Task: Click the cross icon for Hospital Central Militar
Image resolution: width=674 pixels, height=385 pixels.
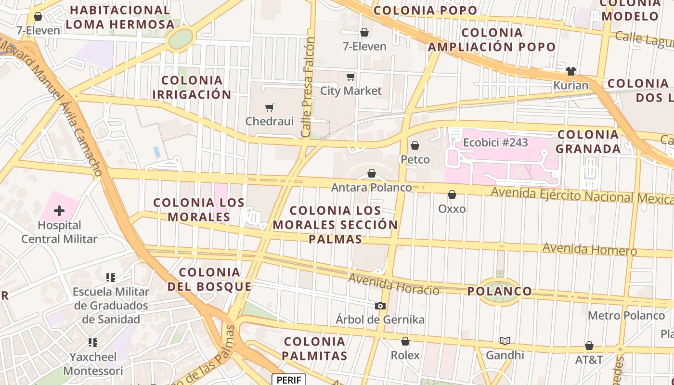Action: pos(59,211)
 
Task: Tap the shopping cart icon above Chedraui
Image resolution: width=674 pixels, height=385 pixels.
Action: pos(270,107)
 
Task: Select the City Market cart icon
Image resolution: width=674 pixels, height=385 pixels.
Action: pos(351,77)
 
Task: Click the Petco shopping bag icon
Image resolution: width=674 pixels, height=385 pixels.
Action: pos(415,145)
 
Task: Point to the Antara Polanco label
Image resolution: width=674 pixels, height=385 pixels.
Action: pos(372,187)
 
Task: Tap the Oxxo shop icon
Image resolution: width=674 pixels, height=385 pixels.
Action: pos(452,194)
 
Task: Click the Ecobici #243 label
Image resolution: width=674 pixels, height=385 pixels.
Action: pos(495,142)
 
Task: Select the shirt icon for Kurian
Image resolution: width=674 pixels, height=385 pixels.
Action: pos(571,71)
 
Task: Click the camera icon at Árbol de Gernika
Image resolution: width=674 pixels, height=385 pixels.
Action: pos(380,306)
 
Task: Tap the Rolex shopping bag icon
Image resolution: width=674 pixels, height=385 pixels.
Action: pos(405,341)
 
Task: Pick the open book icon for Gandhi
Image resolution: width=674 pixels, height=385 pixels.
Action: pos(505,341)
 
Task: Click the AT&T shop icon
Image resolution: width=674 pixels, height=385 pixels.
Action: pos(589,346)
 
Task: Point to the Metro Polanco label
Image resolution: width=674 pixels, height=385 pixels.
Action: pos(626,316)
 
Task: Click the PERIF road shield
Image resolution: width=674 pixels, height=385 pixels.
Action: pos(289,380)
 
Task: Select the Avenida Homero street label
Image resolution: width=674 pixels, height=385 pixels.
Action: pos(589,249)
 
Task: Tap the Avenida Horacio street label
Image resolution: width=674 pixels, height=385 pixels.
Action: pos(393,284)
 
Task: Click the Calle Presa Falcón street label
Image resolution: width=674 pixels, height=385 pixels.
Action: pos(308,87)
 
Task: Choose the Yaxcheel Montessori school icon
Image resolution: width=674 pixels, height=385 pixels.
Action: pos(93,343)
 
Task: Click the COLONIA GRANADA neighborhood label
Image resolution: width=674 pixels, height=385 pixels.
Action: pos(588,141)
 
